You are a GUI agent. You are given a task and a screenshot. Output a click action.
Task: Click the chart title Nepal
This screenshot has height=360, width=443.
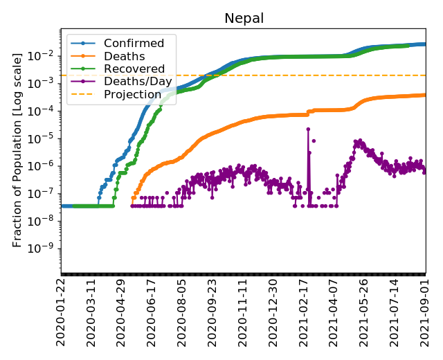click(x=244, y=18)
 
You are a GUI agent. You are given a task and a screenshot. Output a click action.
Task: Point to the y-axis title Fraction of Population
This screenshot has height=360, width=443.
click(x=18, y=150)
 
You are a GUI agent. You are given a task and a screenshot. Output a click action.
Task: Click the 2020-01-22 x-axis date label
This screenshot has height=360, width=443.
click(x=62, y=312)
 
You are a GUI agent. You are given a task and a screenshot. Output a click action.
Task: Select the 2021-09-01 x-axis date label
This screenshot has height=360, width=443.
click(x=425, y=312)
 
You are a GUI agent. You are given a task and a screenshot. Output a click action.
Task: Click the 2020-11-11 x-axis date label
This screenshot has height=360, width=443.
click(x=243, y=312)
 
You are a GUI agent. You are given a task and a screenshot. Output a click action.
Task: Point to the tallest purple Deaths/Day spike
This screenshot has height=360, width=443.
click(x=307, y=129)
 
